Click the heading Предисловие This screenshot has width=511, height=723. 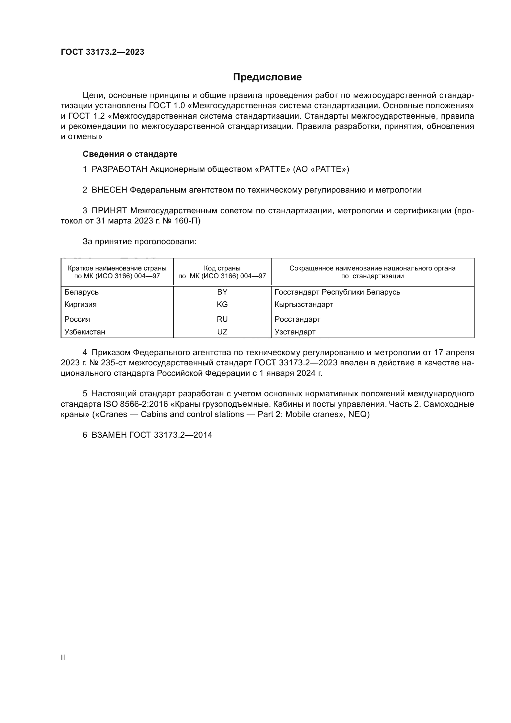click(267, 77)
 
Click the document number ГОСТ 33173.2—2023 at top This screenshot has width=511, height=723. click(103, 52)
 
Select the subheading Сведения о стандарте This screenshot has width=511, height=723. click(130, 154)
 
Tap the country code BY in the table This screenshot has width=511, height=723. click(222, 292)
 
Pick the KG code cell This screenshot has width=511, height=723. click(222, 304)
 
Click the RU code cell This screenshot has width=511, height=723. click(222, 319)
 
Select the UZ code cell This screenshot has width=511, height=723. click(222, 332)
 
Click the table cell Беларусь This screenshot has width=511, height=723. click(82, 292)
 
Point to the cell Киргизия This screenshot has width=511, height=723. click(81, 304)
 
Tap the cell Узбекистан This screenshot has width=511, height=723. click(85, 332)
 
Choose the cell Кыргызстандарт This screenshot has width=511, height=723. click(304, 304)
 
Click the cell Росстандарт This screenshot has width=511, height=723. click(297, 319)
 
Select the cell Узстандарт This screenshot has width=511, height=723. click(295, 332)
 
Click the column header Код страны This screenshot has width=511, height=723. click(222, 268)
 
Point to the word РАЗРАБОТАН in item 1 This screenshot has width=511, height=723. click(120, 169)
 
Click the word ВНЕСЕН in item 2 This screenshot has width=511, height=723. click(109, 190)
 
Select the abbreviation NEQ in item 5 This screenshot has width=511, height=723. click(359, 415)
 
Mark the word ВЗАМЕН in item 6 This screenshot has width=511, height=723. click(109, 435)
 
